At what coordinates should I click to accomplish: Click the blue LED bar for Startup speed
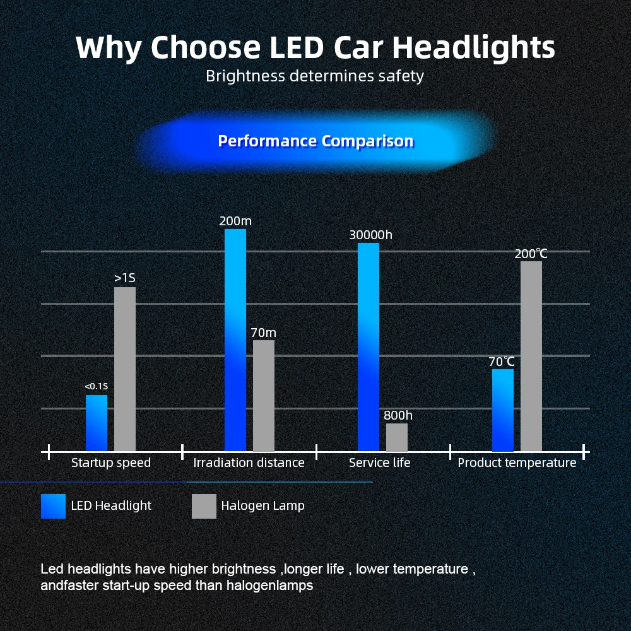click(97, 423)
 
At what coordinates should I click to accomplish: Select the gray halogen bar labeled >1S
click(125, 370)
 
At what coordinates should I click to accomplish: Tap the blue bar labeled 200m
click(235, 341)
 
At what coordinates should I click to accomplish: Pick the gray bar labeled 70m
click(264, 396)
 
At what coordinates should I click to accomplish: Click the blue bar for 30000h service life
click(369, 347)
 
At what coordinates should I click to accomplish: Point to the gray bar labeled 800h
click(397, 437)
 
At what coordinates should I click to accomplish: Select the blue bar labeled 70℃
click(503, 410)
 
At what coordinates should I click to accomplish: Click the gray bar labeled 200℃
click(531, 357)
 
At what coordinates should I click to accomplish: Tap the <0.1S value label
click(97, 386)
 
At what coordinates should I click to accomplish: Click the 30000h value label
click(370, 235)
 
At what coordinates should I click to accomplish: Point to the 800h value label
click(398, 415)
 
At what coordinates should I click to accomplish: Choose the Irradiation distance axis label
click(249, 463)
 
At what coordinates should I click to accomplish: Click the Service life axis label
click(379, 463)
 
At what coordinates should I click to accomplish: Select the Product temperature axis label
click(517, 463)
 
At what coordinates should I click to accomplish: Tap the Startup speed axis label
click(111, 463)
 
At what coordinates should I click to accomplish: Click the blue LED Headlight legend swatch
click(53, 506)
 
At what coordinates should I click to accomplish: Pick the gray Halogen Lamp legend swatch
click(204, 506)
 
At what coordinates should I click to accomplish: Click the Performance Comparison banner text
click(315, 141)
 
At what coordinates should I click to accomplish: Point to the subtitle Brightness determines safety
click(315, 76)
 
